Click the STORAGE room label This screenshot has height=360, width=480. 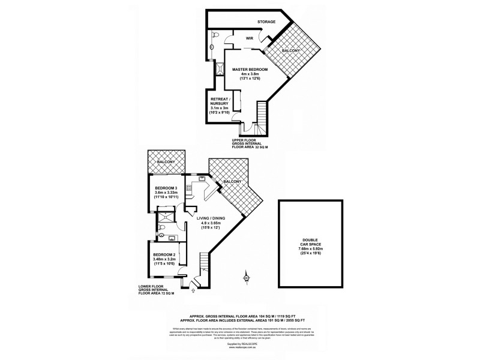click(266, 22)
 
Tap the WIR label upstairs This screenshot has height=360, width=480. click(250, 40)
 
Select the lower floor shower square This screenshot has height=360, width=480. click(163, 216)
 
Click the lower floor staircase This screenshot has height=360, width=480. click(205, 263)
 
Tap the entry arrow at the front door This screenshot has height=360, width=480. click(193, 291)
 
